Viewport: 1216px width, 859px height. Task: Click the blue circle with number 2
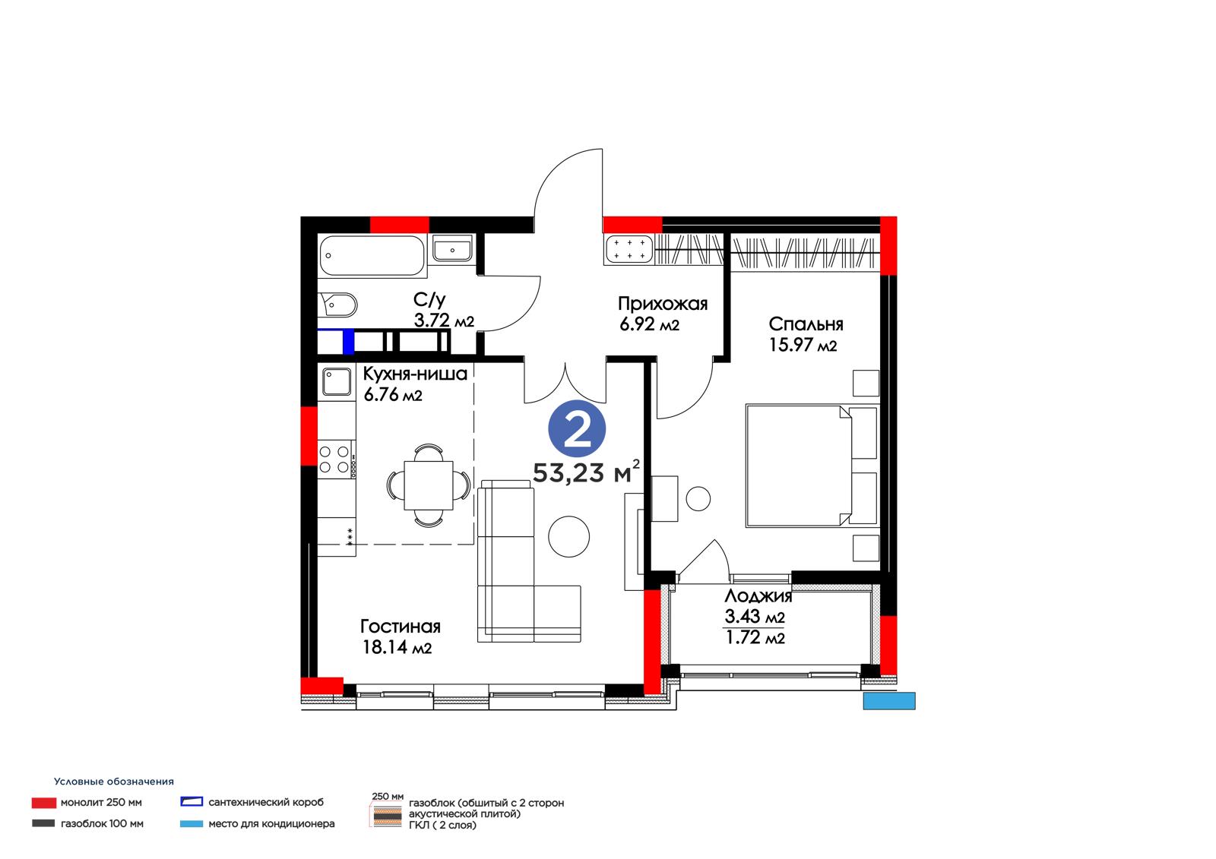point(577,428)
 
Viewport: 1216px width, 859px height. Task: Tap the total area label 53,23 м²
point(586,472)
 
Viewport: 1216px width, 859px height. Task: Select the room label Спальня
point(806,324)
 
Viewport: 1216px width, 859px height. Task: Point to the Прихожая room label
point(662,303)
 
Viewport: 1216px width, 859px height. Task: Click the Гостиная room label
point(400,627)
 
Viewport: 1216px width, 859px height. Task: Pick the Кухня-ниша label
point(415,374)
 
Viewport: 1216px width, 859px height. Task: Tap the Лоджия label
point(758,596)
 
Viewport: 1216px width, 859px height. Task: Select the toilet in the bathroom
point(338,305)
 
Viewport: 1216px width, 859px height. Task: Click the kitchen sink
point(337,381)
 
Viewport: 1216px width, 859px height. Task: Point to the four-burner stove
point(334,459)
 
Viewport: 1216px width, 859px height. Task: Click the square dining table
point(429,485)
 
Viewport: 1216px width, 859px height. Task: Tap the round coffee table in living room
point(568,535)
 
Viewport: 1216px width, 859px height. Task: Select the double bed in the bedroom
point(812,466)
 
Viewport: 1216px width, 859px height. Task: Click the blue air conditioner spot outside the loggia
point(889,700)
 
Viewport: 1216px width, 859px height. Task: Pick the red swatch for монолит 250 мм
point(44,803)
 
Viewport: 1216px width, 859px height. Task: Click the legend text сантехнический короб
point(266,802)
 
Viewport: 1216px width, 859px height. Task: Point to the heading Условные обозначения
point(113,782)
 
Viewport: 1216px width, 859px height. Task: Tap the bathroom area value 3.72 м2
point(444,321)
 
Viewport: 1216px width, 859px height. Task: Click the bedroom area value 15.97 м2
point(803,345)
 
